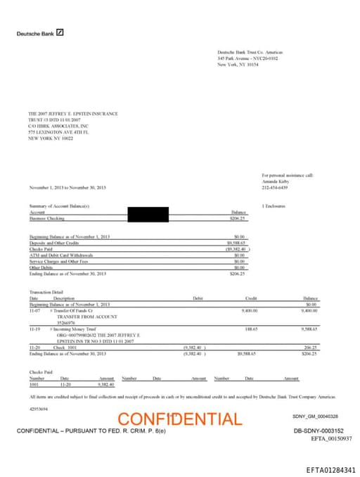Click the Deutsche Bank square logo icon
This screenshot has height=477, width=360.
click(x=60, y=32)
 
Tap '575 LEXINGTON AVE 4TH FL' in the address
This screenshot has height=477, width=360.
click(x=56, y=131)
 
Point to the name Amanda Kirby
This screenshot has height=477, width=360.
click(x=274, y=181)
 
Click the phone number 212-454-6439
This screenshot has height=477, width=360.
click(x=274, y=187)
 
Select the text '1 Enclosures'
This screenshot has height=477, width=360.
click(x=273, y=205)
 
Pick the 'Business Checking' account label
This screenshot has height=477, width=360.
click(x=46, y=218)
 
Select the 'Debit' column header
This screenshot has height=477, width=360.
click(x=198, y=298)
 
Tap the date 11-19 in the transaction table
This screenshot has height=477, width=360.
click(x=34, y=329)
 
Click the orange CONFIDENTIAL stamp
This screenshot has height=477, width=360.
click(x=179, y=419)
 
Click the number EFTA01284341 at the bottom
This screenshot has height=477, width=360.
click(x=331, y=469)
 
